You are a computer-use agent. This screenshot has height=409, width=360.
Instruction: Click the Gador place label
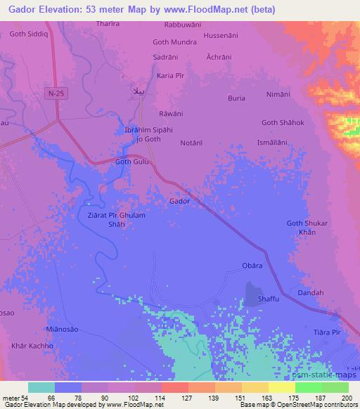coord(179,201)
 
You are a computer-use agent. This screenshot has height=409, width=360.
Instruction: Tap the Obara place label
coord(252,265)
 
